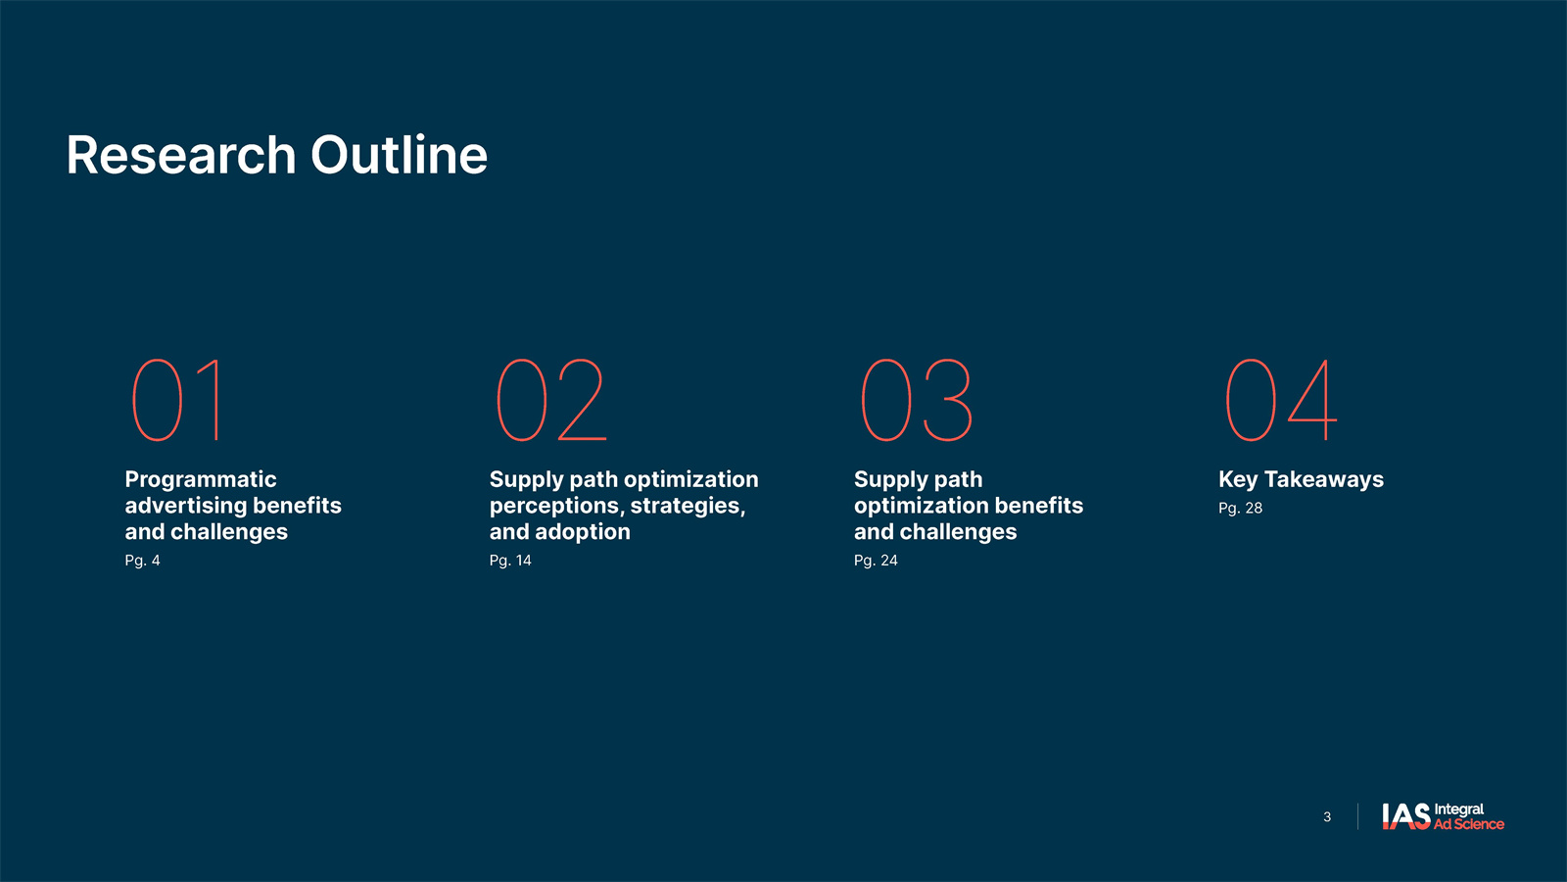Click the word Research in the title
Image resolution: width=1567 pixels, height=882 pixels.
point(181,155)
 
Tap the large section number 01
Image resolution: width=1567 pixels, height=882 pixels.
point(177,400)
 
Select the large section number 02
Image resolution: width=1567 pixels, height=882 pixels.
point(550,400)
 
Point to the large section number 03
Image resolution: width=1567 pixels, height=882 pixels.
point(917,400)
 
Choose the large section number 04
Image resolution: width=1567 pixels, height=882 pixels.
point(1281,400)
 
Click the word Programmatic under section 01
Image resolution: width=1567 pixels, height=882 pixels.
point(201,481)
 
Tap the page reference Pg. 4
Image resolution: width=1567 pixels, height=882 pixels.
point(143,561)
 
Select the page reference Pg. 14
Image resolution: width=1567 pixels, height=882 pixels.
point(510,561)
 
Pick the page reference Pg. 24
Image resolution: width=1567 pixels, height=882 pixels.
point(876,561)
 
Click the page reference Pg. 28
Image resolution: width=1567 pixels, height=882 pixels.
point(1240,509)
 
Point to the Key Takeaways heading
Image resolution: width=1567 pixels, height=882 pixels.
point(1302,479)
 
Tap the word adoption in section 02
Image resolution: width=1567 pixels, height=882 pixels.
point(583,533)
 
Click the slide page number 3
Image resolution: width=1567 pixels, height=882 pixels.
point(1327,817)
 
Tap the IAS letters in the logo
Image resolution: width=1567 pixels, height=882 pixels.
point(1406,816)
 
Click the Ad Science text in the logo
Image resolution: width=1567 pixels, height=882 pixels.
point(1469,824)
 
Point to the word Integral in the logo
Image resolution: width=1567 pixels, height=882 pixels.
point(1459,809)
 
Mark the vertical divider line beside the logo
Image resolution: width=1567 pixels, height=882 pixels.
point(1357,817)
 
